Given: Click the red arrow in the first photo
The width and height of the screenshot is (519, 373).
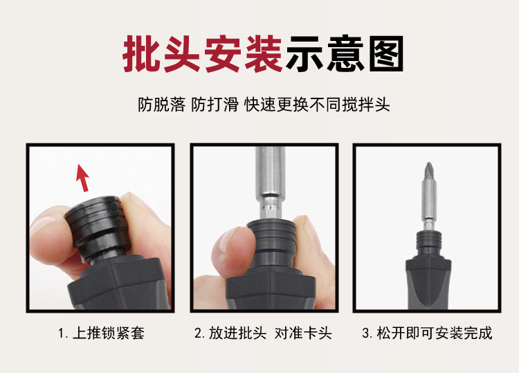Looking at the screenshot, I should pyautogui.click(x=82, y=177).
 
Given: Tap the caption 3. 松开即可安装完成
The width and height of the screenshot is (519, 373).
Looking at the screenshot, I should pyautogui.click(x=427, y=333).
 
